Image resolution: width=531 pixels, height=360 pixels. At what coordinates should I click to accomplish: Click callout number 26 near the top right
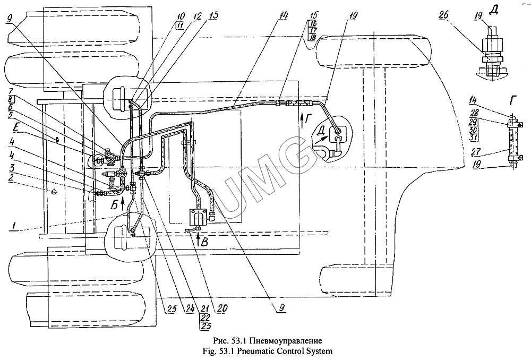click(444, 15)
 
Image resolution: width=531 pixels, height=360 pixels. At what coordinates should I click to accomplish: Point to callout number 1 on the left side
click(13, 226)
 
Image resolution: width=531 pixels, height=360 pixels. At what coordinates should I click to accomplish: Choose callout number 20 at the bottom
click(222, 308)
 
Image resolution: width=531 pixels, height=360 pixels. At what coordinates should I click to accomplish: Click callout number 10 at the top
click(181, 15)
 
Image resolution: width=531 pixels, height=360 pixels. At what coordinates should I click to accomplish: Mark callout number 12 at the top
click(197, 15)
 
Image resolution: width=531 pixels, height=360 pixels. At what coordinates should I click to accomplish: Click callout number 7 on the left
click(10, 92)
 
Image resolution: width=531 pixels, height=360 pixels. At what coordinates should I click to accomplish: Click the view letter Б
click(115, 205)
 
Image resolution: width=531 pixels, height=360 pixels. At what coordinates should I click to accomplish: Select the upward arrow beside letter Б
click(123, 203)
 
